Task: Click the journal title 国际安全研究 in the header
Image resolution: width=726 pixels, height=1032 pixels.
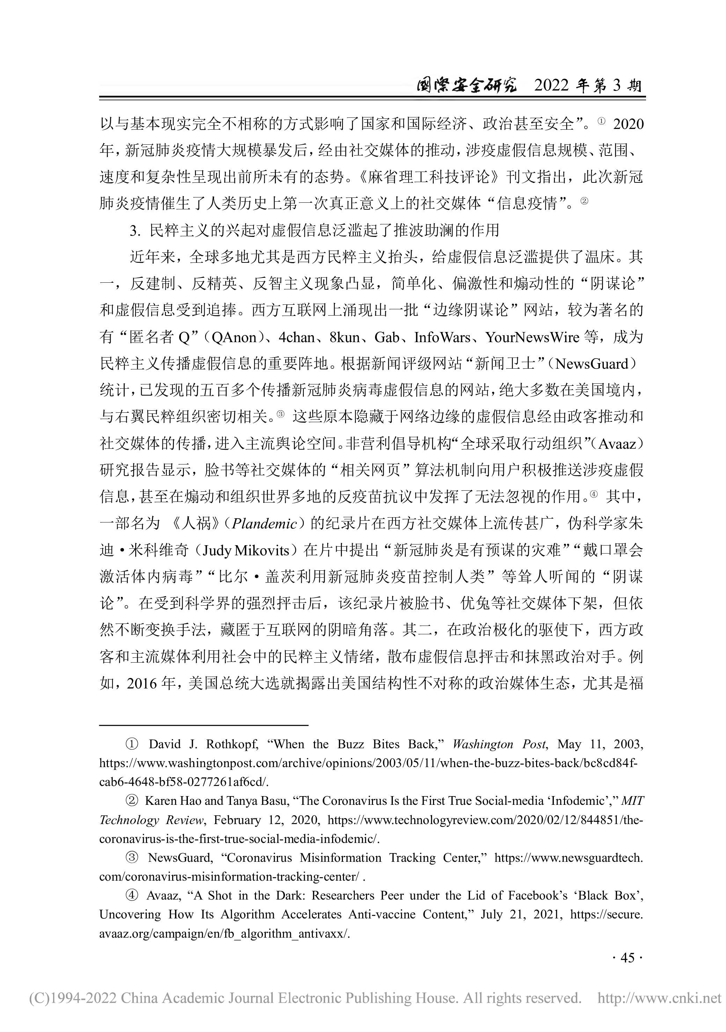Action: click(x=466, y=85)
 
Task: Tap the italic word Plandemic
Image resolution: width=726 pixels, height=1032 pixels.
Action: click(x=264, y=524)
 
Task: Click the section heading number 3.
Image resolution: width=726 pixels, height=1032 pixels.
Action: click(x=133, y=231)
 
